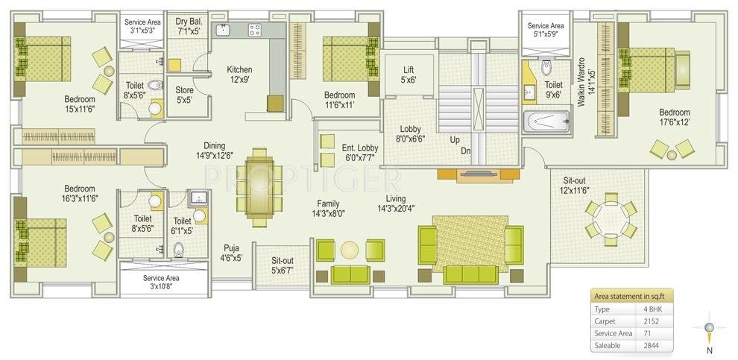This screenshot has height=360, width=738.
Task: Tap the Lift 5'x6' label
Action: (x=408, y=75)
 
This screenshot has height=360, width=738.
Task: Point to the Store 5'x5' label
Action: (x=184, y=95)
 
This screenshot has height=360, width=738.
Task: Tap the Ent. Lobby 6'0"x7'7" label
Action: (x=359, y=153)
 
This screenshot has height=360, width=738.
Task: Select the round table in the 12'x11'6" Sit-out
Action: (x=611, y=219)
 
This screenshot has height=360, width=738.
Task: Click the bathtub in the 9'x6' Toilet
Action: (x=546, y=121)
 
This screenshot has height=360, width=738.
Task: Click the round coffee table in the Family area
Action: (x=350, y=250)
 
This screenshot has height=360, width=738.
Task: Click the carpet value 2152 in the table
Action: (x=652, y=321)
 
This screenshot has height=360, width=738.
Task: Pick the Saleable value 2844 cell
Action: (x=652, y=345)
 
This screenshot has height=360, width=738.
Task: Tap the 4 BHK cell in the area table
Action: (x=652, y=309)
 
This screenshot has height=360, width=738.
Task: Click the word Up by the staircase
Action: (x=454, y=139)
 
